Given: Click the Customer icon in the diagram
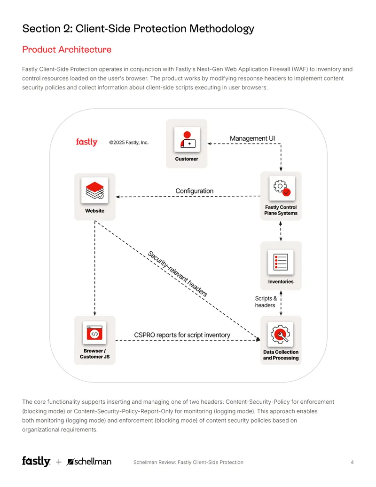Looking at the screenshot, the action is point(187,139).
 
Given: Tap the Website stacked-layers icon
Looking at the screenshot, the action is point(94,191).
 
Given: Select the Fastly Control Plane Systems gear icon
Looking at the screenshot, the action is point(282,188).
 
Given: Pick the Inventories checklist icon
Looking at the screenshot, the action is point(281,262).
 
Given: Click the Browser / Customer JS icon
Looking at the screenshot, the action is point(94,333).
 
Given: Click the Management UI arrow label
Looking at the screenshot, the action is point(252,138).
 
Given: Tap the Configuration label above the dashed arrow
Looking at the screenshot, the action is point(195,191).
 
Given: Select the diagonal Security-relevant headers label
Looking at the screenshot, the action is point(178,274).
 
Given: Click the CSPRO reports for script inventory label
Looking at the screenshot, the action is point(182,335).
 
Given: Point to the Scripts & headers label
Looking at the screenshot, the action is point(266,302).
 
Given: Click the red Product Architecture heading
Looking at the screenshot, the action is point(67,50).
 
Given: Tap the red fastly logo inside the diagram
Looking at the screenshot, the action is point(87,142).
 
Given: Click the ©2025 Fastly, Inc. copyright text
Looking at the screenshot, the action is point(129,143).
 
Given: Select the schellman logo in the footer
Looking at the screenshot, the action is point(89,462).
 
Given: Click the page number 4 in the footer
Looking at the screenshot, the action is point(352,462).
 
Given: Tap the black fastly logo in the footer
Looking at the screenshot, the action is point(36,462).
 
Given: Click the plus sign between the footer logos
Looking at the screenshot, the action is point(59,462).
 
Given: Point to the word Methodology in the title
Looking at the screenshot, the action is point(221,29).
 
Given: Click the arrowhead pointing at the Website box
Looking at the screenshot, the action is point(117,197).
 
